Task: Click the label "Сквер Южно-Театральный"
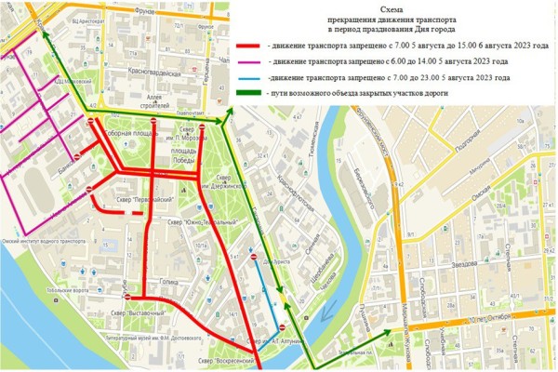pos(186,221)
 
